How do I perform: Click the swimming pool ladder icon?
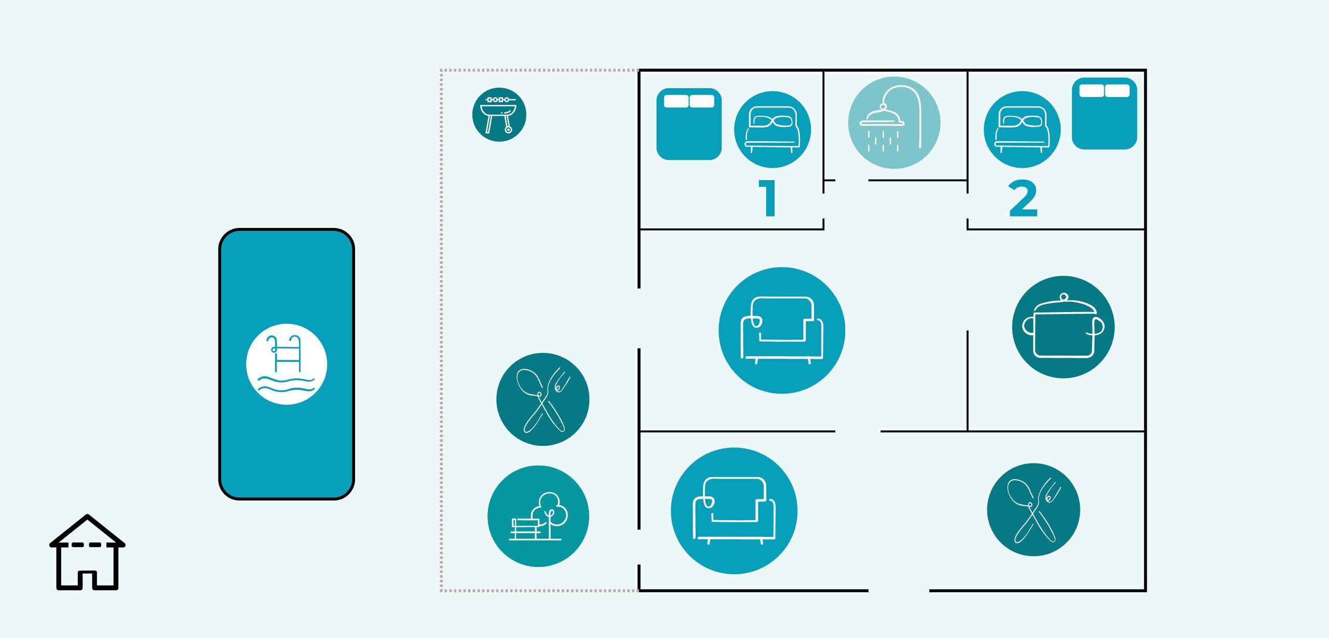[x=287, y=364]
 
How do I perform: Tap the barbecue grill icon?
[x=499, y=115]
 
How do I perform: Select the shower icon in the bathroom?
[x=894, y=123]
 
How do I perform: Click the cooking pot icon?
[x=1063, y=327]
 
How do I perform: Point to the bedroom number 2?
[x=1023, y=199]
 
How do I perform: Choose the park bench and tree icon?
[x=538, y=516]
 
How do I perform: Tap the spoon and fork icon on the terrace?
[x=543, y=399]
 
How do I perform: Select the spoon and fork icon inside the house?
[x=1033, y=510]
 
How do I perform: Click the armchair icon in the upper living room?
[x=781, y=330]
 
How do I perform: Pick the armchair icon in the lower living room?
[x=734, y=511]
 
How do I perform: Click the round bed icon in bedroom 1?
[x=772, y=130]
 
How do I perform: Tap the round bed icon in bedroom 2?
[x=1022, y=130]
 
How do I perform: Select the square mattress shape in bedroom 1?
[x=689, y=124]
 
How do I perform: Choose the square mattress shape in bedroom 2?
[x=1104, y=114]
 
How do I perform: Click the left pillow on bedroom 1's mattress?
[x=676, y=101]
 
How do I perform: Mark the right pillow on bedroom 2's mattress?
[x=1117, y=91]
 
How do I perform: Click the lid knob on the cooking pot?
[x=1064, y=297]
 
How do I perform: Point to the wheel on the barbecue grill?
[x=508, y=130]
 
